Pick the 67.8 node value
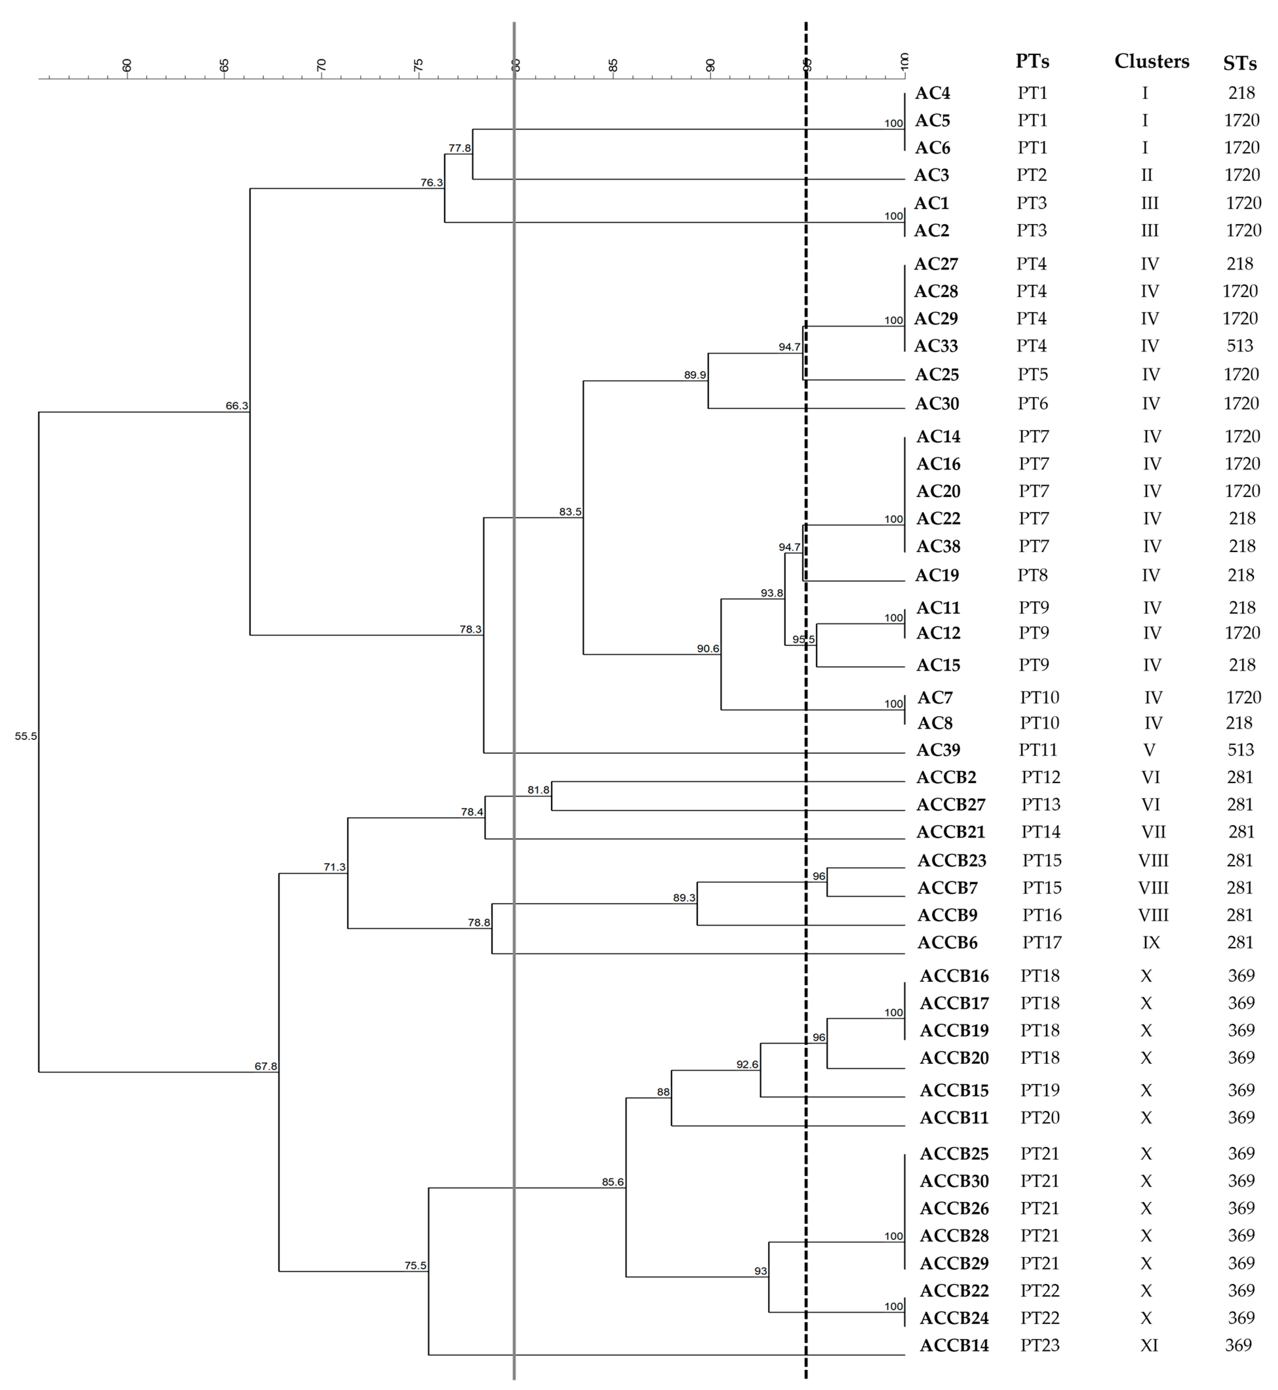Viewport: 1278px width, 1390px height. [x=265, y=1066]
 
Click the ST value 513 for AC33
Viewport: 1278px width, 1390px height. [x=1240, y=346]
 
